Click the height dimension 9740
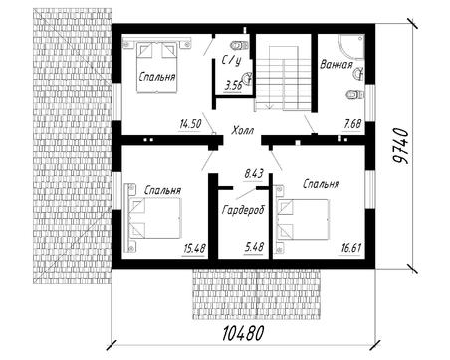[x=400, y=146]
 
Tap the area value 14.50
[x=190, y=124]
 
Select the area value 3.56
[x=233, y=86]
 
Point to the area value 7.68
[x=352, y=125]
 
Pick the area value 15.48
[x=195, y=248]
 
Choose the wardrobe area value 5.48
[x=254, y=247]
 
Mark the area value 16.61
[x=351, y=248]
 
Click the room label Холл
[x=243, y=130]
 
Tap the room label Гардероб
[x=244, y=210]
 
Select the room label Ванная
[x=337, y=65]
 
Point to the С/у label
[x=231, y=61]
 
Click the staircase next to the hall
[x=283, y=79]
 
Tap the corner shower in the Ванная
[x=352, y=47]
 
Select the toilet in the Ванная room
[x=354, y=95]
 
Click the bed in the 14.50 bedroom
[x=156, y=66]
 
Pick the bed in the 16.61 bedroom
[x=303, y=219]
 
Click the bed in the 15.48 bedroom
[x=153, y=218]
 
